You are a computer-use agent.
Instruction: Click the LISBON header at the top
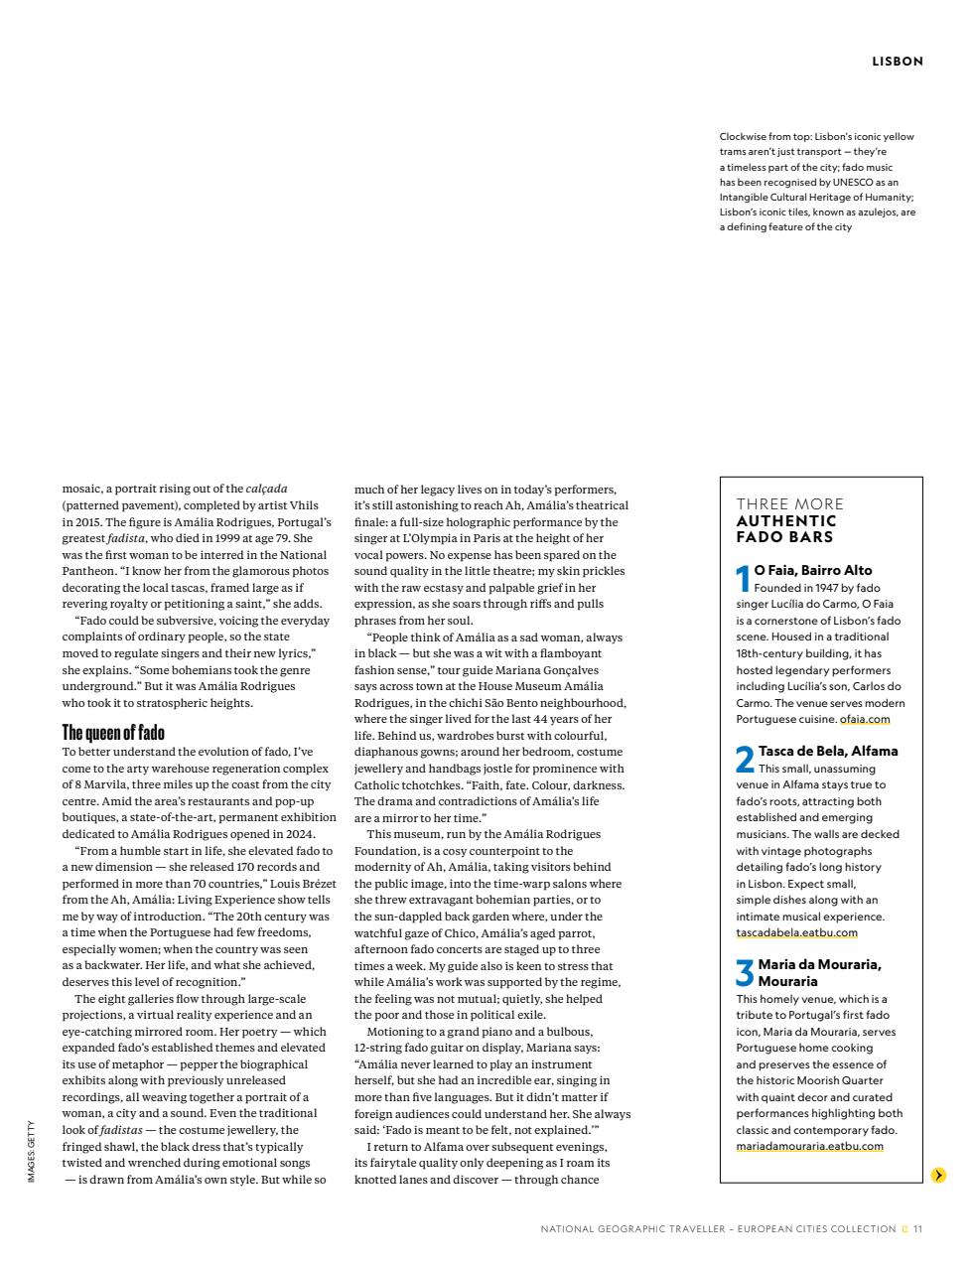pos(897,62)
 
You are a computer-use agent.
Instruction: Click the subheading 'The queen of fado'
pos(113,733)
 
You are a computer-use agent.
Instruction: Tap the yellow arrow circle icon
pos(938,1176)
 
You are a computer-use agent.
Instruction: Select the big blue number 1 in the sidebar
pos(743,579)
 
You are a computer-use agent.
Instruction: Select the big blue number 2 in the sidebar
pos(745,760)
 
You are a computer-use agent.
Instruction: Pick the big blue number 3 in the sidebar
pos(745,973)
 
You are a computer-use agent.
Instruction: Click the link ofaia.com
pos(864,719)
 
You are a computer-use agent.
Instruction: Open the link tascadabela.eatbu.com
pos(796,932)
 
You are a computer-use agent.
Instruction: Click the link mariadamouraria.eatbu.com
pos(809,1146)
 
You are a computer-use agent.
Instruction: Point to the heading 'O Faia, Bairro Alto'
pos(813,570)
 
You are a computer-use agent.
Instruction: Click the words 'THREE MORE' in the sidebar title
pos(789,503)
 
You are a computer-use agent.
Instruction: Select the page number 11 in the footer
pos(917,1228)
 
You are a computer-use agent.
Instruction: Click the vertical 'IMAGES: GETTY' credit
pos(32,1152)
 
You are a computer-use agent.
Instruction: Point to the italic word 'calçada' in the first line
pos(266,489)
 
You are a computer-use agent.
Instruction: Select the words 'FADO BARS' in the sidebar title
pos(784,537)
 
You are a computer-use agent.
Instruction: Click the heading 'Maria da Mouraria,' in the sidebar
pos(819,964)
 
